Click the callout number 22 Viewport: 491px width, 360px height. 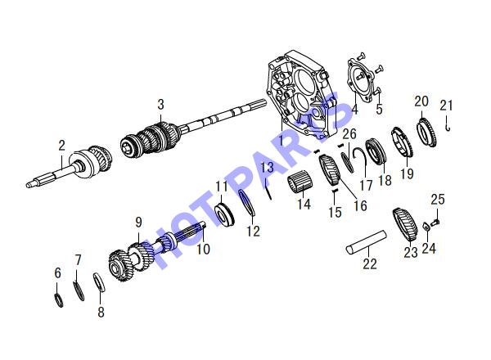pyautogui.click(x=370, y=263)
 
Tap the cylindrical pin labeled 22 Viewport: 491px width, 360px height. pyautogui.click(x=366, y=241)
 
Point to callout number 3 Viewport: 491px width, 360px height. pyautogui.click(x=160, y=105)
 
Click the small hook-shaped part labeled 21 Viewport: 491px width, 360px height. pyautogui.click(x=448, y=124)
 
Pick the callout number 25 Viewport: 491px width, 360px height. pyautogui.click(x=438, y=199)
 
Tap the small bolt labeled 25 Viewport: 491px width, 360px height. pyautogui.click(x=435, y=223)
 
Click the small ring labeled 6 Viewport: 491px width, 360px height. pyautogui.click(x=59, y=300)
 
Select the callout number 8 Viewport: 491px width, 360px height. pyautogui.click(x=101, y=312)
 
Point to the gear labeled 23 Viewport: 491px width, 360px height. pyautogui.click(x=404, y=224)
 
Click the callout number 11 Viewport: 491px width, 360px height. pyautogui.click(x=222, y=187)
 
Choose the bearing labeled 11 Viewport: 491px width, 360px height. pyautogui.click(x=224, y=214)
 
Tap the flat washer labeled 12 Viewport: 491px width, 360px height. pyautogui.click(x=247, y=203)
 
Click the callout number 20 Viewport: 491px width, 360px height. pyautogui.click(x=421, y=101)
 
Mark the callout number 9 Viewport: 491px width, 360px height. pyautogui.click(x=138, y=223)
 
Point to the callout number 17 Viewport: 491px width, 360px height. pyautogui.click(x=366, y=185)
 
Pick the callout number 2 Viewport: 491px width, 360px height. pyautogui.click(x=61, y=146)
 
